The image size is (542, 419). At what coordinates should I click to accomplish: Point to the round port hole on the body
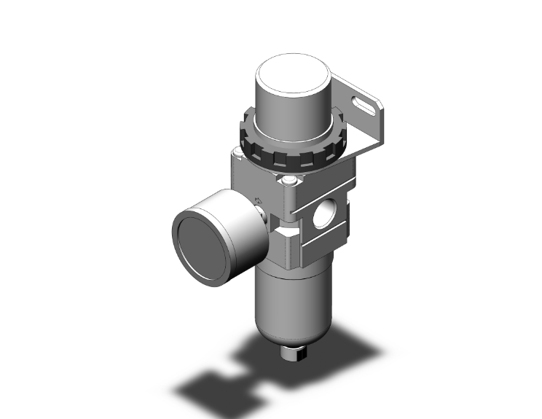(x=321, y=216)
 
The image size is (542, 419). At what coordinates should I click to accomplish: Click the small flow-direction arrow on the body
(x=259, y=200)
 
